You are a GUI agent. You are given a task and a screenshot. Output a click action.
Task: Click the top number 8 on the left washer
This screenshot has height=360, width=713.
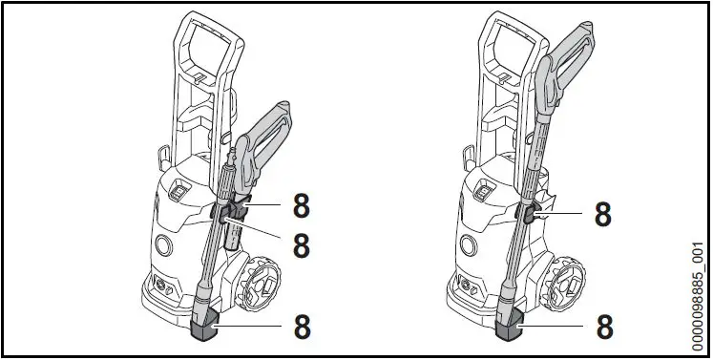point(301,203)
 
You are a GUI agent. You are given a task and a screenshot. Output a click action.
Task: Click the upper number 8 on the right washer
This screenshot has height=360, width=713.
point(602,215)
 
